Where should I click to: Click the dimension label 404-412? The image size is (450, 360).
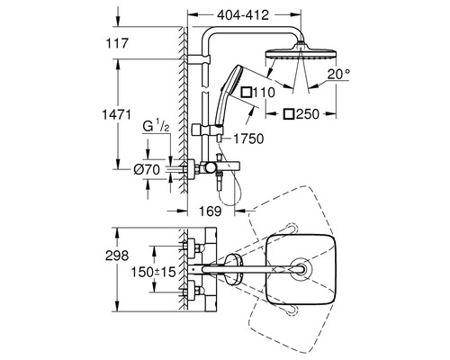tap(243, 15)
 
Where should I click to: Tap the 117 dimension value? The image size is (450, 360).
tap(117, 43)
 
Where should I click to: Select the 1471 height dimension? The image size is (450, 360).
tap(117, 115)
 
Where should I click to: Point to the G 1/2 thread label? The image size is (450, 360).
tap(156, 127)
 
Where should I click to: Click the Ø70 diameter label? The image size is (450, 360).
tap(147, 170)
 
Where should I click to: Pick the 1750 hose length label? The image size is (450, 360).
tap(248, 139)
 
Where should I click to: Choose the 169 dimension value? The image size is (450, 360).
tap(211, 211)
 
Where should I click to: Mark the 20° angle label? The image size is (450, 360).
tap(338, 74)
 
